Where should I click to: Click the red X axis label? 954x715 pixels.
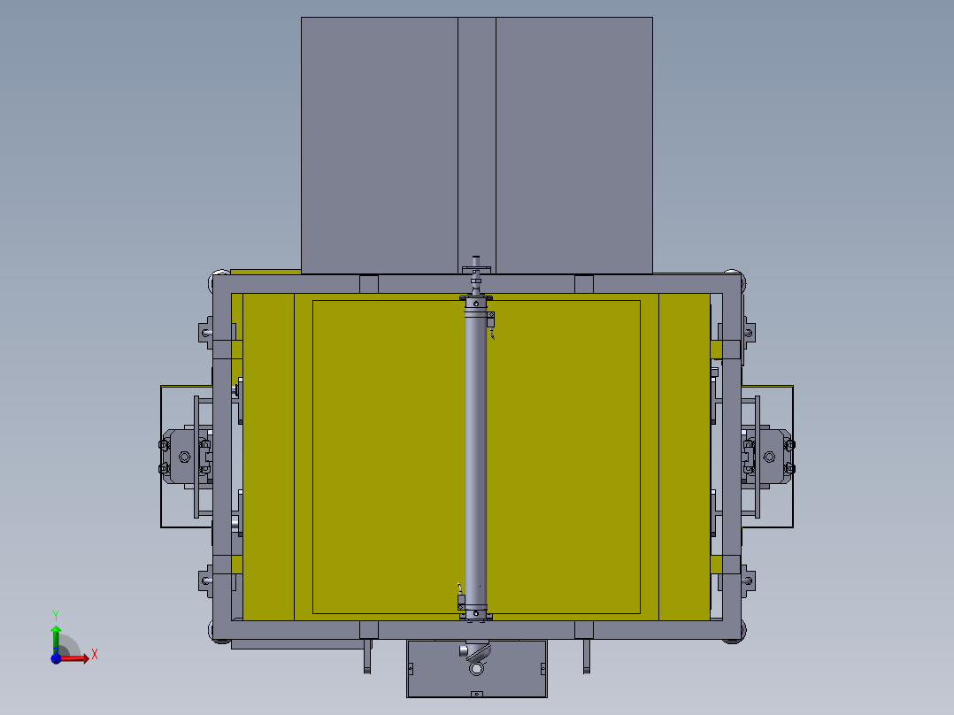(x=94, y=655)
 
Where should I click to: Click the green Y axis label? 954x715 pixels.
(x=55, y=614)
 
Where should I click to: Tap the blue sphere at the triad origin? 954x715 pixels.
(x=56, y=657)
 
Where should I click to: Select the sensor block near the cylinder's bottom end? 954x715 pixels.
(x=461, y=601)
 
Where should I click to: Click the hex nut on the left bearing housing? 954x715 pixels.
(x=184, y=457)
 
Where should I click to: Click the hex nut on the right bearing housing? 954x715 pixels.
(x=769, y=457)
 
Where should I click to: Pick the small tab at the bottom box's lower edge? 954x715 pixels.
(x=477, y=695)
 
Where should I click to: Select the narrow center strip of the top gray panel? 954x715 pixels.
(x=476, y=142)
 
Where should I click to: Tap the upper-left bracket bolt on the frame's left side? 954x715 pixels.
(x=205, y=334)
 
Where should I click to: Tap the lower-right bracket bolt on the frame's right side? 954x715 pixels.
(x=749, y=581)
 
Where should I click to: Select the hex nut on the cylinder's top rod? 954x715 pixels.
(x=476, y=268)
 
